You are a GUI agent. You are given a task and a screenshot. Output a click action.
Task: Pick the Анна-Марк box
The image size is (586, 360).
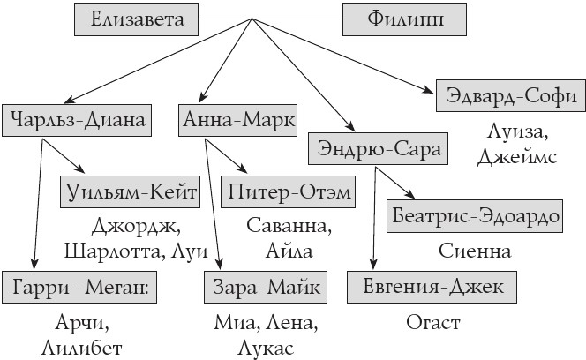237,118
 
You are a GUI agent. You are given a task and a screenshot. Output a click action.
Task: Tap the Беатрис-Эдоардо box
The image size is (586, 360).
475,214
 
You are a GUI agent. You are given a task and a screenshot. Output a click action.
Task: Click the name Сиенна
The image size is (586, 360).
475,251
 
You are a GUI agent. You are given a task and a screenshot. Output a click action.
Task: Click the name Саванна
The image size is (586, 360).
289,226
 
